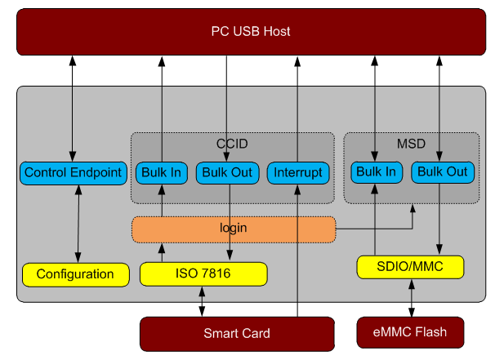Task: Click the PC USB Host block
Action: click(251, 32)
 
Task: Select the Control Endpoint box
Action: click(74, 173)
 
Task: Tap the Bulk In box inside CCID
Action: click(162, 173)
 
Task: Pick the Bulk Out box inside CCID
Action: click(227, 173)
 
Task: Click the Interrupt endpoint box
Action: click(298, 173)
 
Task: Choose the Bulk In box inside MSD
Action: click(377, 172)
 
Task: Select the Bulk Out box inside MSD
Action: click(443, 172)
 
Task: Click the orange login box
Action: click(234, 229)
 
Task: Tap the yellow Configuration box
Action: click(75, 274)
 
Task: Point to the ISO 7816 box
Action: click(203, 274)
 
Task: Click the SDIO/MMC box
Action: click(410, 267)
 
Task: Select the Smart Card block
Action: click(237, 334)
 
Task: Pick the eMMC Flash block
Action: click(410, 332)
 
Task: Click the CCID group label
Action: click(232, 144)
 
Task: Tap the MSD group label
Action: click(411, 144)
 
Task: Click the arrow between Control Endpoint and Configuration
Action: click(78, 224)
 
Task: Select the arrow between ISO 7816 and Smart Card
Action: click(202, 301)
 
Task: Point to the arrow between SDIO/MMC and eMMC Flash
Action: click(412, 298)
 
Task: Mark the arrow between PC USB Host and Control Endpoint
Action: click(73, 109)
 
